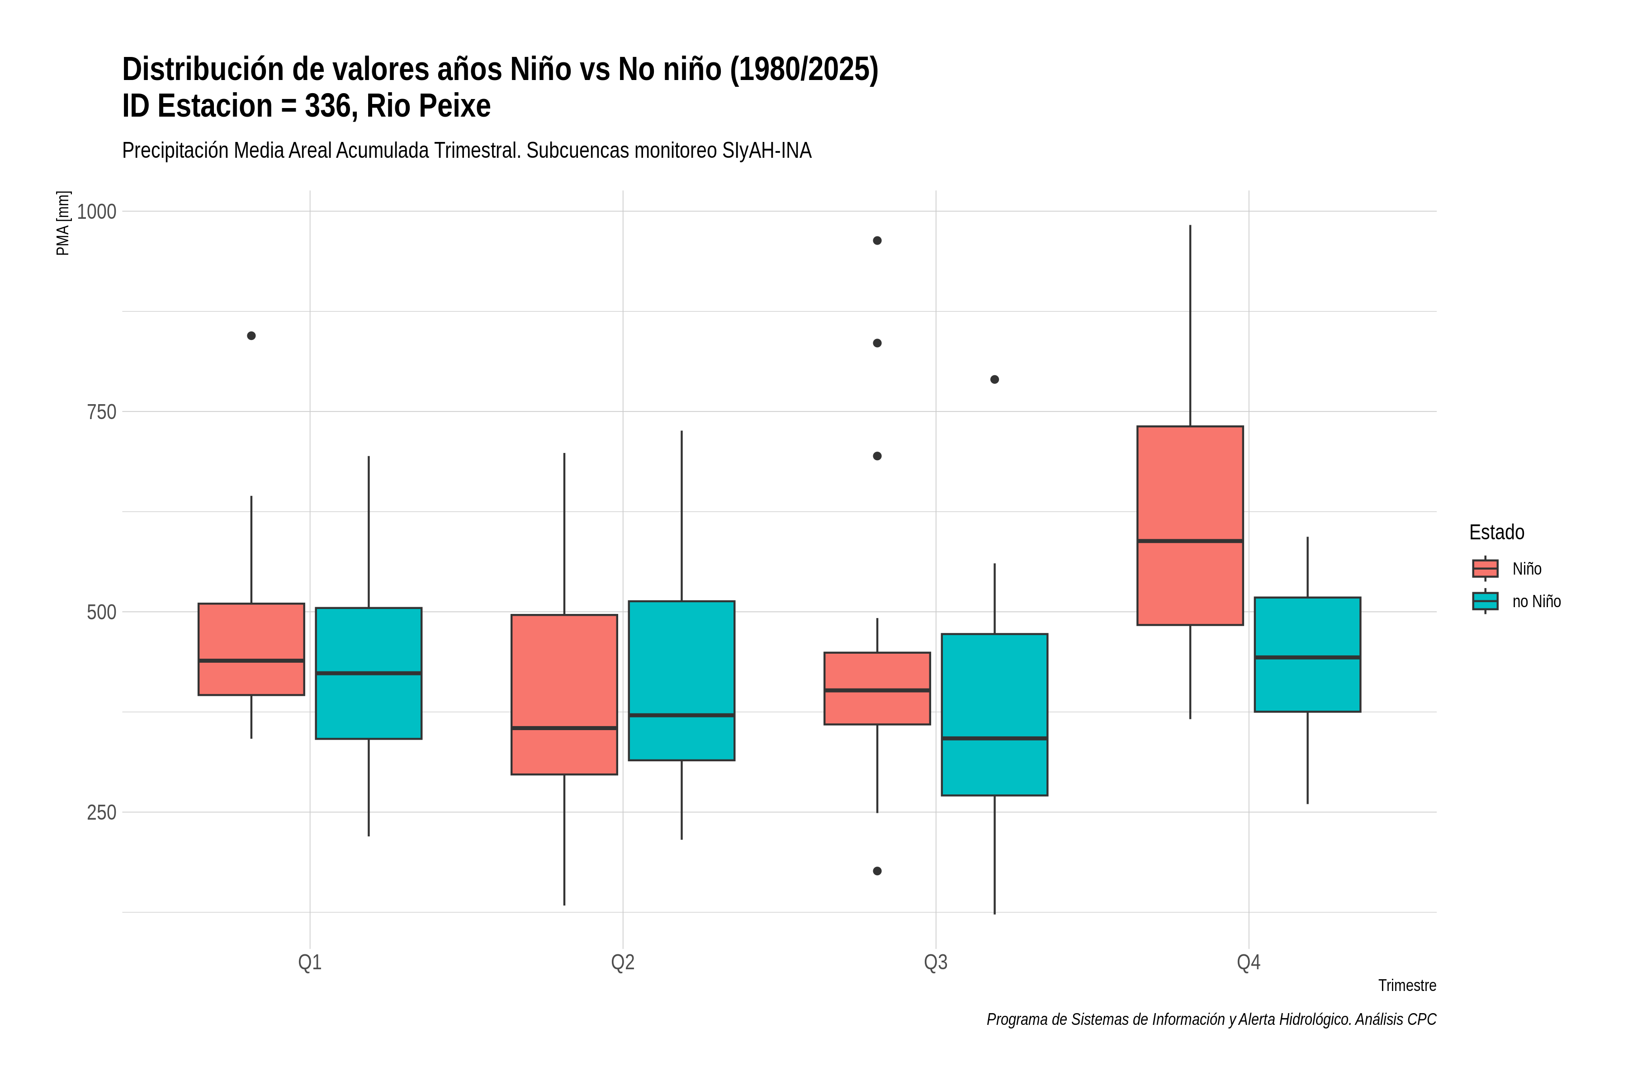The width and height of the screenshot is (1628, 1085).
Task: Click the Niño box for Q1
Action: (251, 649)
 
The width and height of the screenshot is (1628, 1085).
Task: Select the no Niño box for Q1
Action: (368, 673)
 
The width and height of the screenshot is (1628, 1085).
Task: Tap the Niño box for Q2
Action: (564, 694)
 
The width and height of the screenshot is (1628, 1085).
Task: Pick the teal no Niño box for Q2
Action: (682, 681)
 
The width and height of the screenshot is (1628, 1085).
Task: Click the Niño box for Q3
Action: (877, 689)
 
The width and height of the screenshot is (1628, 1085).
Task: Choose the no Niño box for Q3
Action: (994, 715)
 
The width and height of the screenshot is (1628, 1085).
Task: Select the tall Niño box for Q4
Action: (1190, 526)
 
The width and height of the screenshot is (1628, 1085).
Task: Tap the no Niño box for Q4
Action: (1307, 655)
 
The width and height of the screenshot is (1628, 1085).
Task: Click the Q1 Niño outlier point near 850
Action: (251, 335)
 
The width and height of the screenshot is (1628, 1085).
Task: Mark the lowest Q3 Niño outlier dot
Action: (877, 871)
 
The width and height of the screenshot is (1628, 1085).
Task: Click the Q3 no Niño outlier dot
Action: (994, 379)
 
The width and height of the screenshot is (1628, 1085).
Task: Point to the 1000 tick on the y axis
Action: (96, 212)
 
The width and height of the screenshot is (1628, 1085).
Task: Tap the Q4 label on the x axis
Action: (1249, 962)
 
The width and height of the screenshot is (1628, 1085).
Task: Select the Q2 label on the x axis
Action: (623, 962)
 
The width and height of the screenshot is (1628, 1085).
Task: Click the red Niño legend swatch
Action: (1486, 569)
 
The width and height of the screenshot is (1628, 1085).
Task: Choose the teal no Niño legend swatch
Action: (1486, 601)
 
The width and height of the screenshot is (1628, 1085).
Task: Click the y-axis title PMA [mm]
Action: (63, 223)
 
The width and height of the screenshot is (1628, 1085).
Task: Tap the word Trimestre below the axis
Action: (1407, 986)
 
